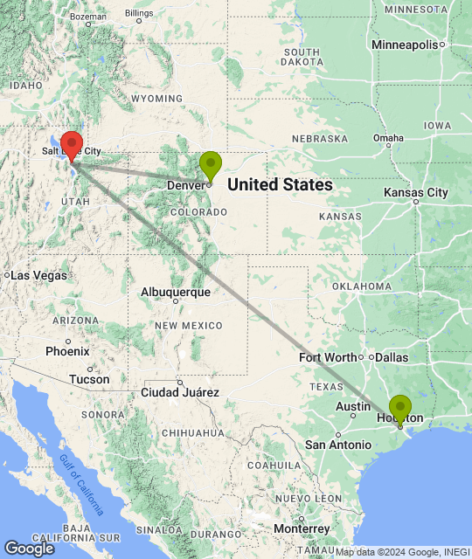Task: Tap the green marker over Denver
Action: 210,165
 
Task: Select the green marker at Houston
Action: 399,409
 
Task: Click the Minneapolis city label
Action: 403,45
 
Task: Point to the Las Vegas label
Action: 38,275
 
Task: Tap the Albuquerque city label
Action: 175,292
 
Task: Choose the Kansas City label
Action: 415,192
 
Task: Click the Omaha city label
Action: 388,138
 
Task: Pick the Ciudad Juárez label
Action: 180,392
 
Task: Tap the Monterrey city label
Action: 301,528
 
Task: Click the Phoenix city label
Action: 67,351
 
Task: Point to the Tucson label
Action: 90,379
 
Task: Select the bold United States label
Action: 280,184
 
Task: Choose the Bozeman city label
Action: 88,16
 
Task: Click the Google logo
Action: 28,549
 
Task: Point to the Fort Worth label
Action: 328,357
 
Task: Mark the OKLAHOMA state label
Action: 362,286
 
